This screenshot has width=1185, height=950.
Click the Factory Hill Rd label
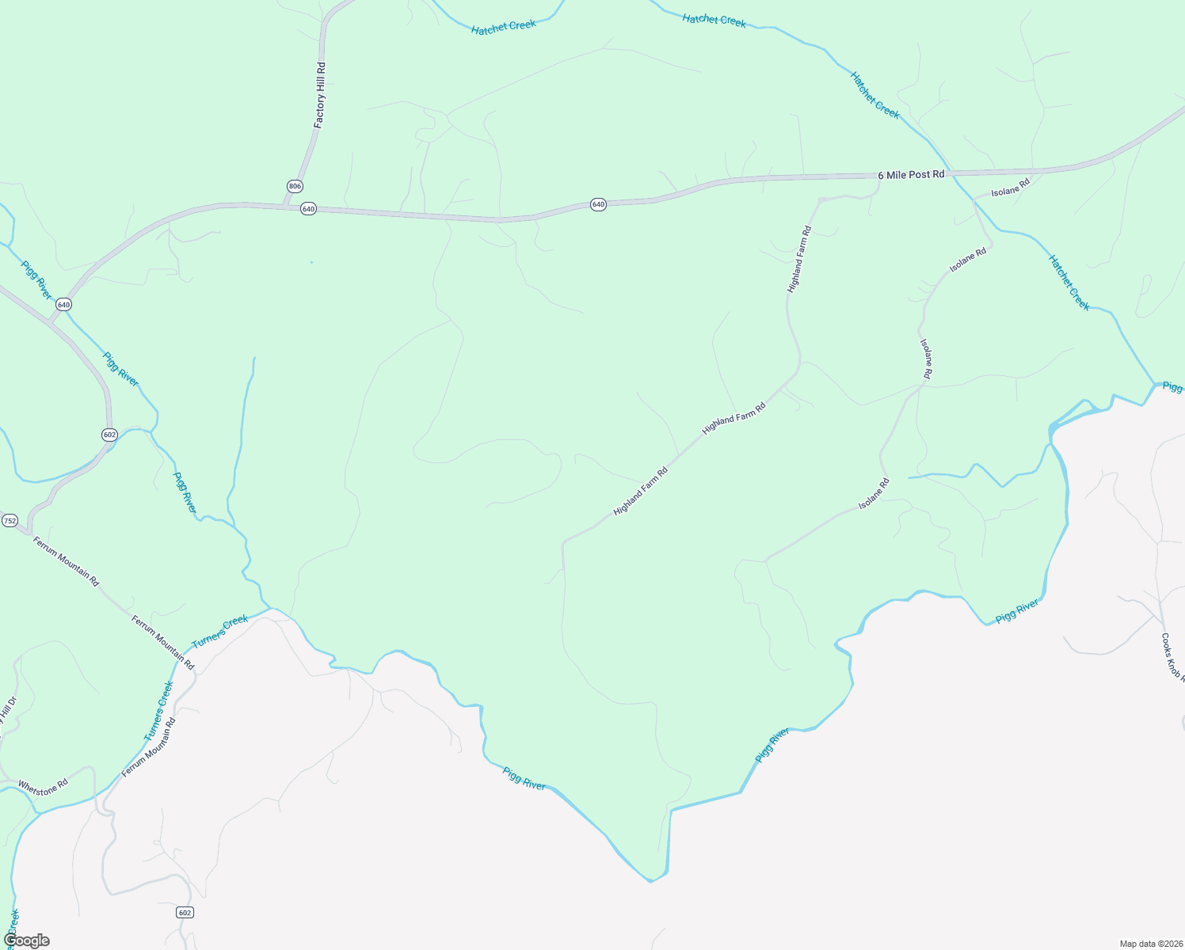(320, 95)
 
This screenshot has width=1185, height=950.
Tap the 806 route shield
(295, 186)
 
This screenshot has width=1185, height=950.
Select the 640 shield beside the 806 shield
(308, 209)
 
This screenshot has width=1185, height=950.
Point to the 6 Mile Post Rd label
(911, 174)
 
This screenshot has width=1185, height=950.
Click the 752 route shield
(10, 520)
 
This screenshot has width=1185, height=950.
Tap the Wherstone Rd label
(43, 787)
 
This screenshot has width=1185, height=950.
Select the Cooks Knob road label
(1172, 657)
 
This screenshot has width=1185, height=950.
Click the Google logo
(26, 940)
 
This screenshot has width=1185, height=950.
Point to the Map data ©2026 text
(1149, 944)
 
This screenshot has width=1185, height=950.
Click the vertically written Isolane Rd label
(926, 358)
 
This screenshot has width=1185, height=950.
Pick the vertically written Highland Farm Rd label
(799, 260)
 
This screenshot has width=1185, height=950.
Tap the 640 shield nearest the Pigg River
(64, 305)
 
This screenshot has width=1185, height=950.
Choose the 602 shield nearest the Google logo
(185, 913)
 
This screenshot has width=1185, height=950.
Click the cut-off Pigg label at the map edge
(1173, 387)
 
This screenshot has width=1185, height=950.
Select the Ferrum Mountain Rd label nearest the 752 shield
(67, 561)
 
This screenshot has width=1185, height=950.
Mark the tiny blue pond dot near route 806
(311, 262)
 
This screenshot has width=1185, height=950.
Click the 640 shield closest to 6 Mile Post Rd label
(598, 204)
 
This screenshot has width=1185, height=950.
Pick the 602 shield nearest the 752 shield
(109, 435)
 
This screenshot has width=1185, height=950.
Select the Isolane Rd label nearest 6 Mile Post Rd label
(1010, 187)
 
